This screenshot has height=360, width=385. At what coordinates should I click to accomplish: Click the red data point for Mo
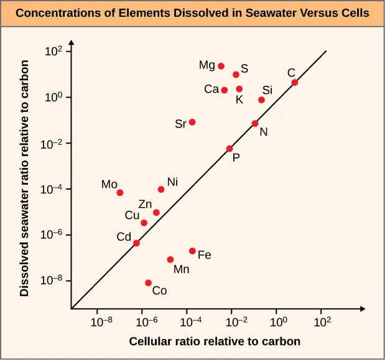(120, 193)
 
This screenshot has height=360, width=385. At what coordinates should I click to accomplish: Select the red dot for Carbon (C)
(295, 83)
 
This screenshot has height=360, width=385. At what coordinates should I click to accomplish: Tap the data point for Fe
(192, 251)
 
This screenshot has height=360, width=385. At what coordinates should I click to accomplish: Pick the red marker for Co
(148, 283)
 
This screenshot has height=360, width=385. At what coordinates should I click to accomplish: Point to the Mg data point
(221, 66)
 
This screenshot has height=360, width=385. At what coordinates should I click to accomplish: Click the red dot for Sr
(192, 122)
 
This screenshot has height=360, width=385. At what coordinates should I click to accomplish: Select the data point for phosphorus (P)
(230, 149)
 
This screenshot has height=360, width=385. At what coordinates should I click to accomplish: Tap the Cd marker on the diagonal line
(136, 243)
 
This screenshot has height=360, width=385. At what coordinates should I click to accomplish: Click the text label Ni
(173, 182)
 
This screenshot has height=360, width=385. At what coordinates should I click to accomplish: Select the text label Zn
(145, 203)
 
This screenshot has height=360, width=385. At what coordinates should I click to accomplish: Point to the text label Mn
(182, 269)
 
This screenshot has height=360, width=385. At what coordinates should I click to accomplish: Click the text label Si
(267, 90)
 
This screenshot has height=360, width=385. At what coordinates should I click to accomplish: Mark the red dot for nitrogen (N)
(255, 124)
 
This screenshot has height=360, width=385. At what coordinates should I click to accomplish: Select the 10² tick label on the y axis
(54, 52)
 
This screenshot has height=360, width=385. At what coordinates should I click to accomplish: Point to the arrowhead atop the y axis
(72, 43)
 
